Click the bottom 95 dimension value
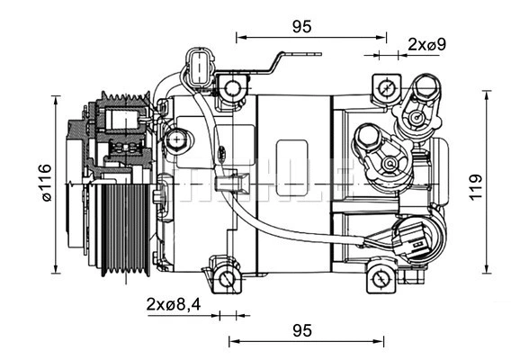[302, 330]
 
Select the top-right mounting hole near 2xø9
[386, 88]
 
